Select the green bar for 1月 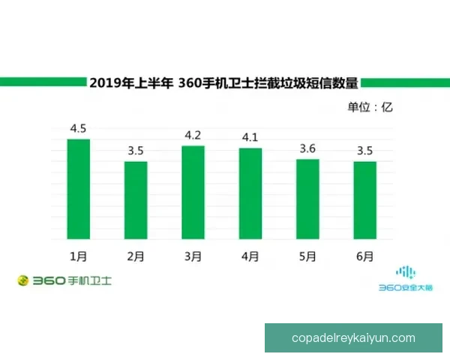click(78, 188)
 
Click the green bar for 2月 click(136, 199)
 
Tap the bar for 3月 click(193, 192)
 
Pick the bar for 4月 click(250, 193)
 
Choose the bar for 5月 click(307, 199)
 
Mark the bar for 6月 click(364, 199)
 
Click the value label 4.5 click(79, 129)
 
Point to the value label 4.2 click(193, 136)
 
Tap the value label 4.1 click(250, 138)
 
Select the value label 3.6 click(308, 148)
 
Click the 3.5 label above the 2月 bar click(136, 151)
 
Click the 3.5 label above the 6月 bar click(365, 151)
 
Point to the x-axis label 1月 click(78, 256)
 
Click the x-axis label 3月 click(193, 256)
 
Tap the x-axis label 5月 click(307, 256)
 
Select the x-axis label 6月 click(364, 256)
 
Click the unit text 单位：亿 click(370, 106)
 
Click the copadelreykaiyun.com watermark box click(353, 337)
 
